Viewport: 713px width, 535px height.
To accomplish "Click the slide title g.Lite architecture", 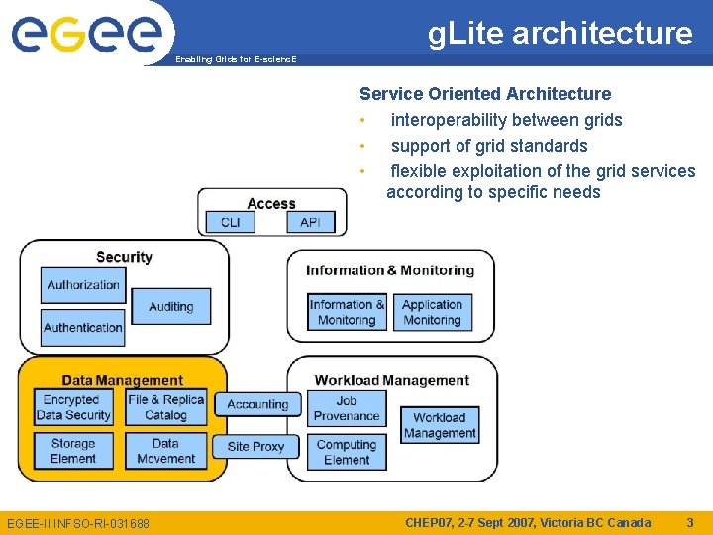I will click(x=560, y=33).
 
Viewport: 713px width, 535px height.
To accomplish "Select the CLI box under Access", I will click(x=231, y=222).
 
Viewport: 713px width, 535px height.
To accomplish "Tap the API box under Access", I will click(x=310, y=222).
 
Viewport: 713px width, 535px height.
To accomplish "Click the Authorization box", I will click(x=83, y=285).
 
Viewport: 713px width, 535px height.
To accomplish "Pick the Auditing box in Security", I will click(x=171, y=306).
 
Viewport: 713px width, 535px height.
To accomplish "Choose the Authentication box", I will click(x=83, y=328).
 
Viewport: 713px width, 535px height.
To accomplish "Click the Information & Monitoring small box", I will click(x=347, y=312).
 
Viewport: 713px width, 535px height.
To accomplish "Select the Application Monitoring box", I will click(x=432, y=312).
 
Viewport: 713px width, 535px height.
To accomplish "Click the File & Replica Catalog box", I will click(x=165, y=408).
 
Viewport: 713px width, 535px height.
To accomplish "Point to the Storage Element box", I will click(x=73, y=451).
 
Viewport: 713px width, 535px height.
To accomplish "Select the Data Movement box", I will click(x=165, y=451).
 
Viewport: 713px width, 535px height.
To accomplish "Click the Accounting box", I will click(x=256, y=404).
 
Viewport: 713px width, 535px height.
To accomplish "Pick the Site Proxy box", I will click(x=255, y=447).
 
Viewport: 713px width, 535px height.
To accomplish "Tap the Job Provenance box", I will click(x=347, y=408).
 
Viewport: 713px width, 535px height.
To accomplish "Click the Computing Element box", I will click(x=347, y=452).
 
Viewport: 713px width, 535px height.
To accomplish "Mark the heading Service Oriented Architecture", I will click(x=485, y=94).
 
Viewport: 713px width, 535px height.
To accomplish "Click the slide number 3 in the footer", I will click(x=690, y=522).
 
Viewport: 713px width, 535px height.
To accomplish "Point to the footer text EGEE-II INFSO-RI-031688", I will click(x=78, y=523).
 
